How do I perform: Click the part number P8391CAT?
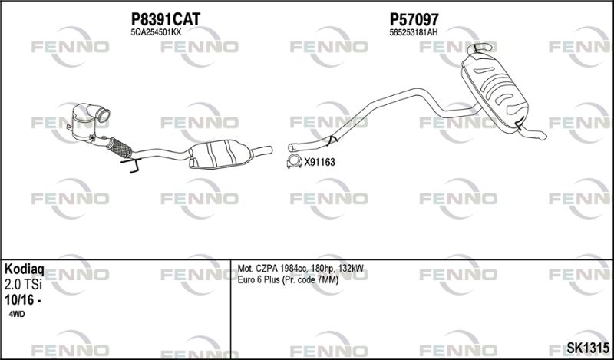click(165, 18)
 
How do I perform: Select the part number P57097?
click(414, 18)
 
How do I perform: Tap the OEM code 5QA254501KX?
click(156, 32)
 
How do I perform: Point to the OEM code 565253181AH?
click(413, 33)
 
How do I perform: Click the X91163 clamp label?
click(319, 162)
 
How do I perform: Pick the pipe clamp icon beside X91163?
click(294, 161)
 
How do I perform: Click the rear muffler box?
click(494, 90)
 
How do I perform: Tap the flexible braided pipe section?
click(119, 147)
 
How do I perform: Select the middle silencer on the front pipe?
click(220, 154)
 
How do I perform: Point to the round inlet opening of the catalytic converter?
click(104, 117)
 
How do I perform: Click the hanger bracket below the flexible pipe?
click(131, 165)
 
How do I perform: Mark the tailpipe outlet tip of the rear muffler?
click(542, 136)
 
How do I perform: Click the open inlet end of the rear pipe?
click(291, 147)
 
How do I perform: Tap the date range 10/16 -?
click(23, 300)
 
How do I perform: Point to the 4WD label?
click(16, 314)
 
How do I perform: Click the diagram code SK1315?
click(588, 348)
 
